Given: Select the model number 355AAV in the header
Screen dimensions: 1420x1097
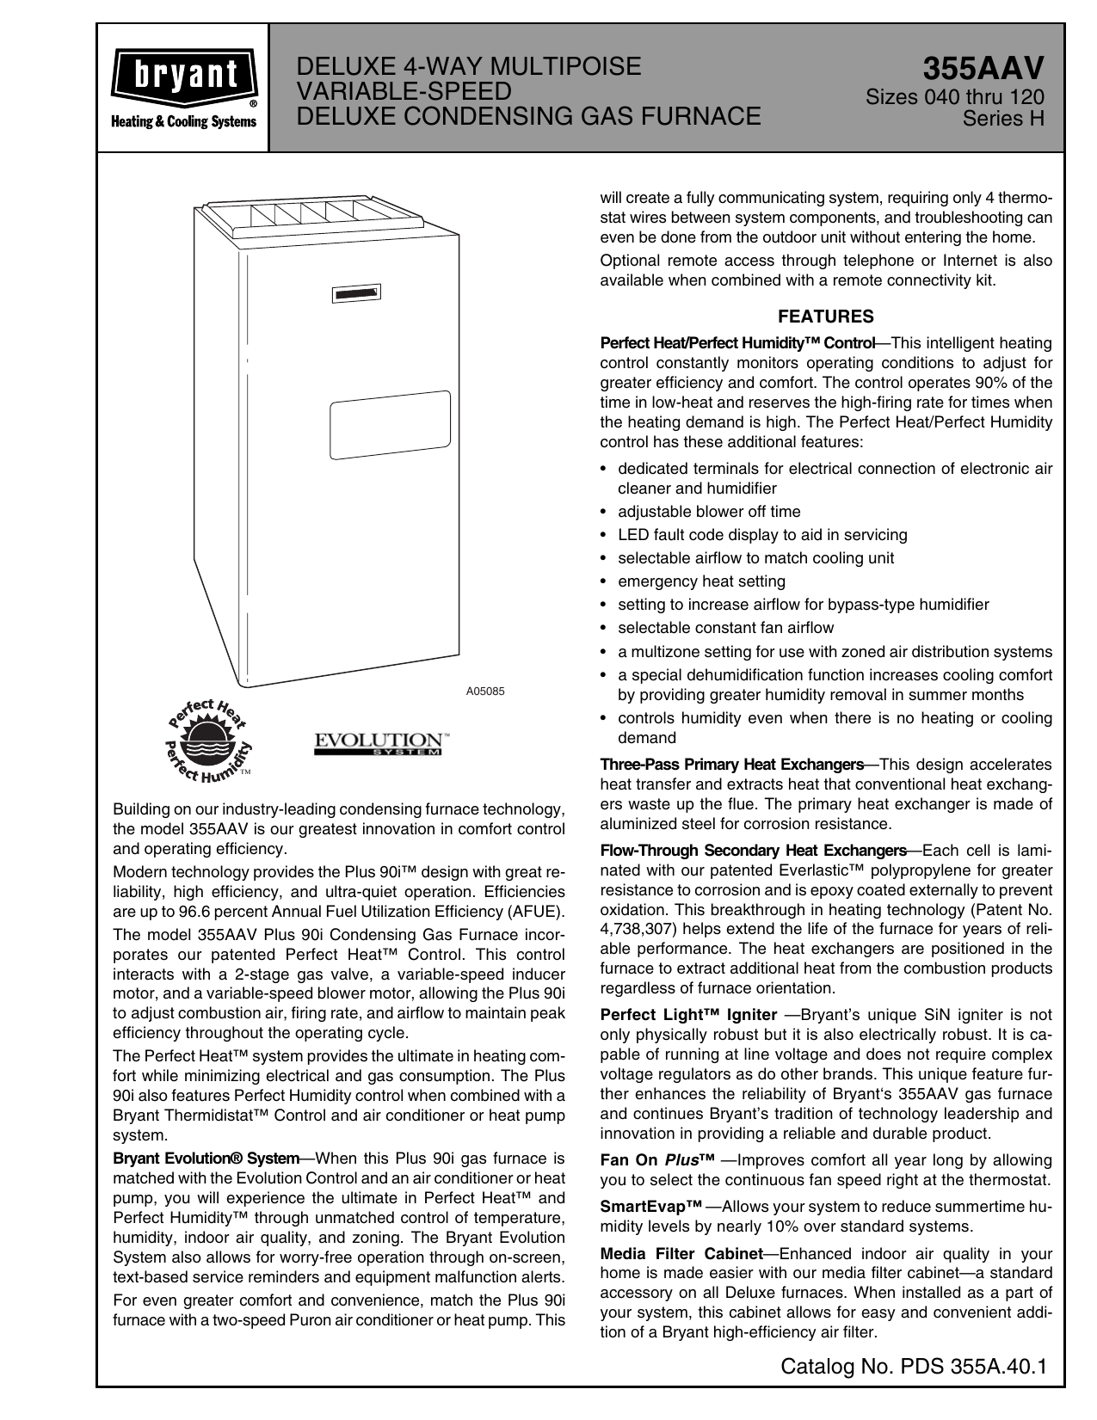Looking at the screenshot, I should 983,68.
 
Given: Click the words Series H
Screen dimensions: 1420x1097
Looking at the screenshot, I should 1003,118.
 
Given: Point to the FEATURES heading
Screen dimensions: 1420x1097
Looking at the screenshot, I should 825,317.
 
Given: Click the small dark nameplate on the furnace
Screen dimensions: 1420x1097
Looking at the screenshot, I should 356,294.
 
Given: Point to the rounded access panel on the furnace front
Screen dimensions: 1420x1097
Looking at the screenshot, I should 390,425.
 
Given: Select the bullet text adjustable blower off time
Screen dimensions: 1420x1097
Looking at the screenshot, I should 708,512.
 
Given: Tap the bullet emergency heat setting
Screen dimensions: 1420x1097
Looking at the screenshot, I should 700,581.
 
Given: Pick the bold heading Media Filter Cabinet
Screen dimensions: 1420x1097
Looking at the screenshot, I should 681,1254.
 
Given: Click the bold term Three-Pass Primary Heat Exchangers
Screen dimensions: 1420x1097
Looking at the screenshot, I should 731,765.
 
